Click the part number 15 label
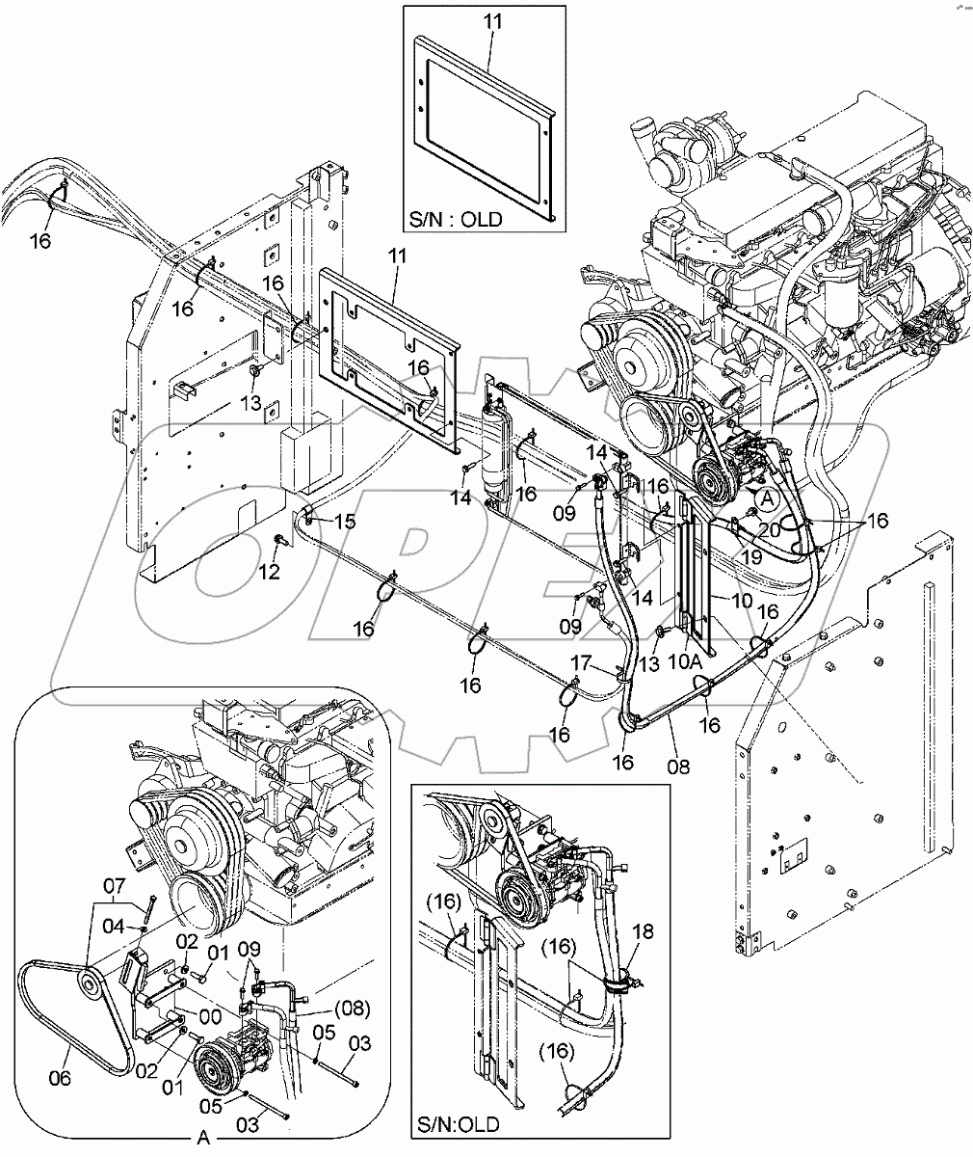[344, 522]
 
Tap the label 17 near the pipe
[579, 663]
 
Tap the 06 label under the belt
[60, 1078]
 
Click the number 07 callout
[115, 885]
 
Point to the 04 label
[115, 926]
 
